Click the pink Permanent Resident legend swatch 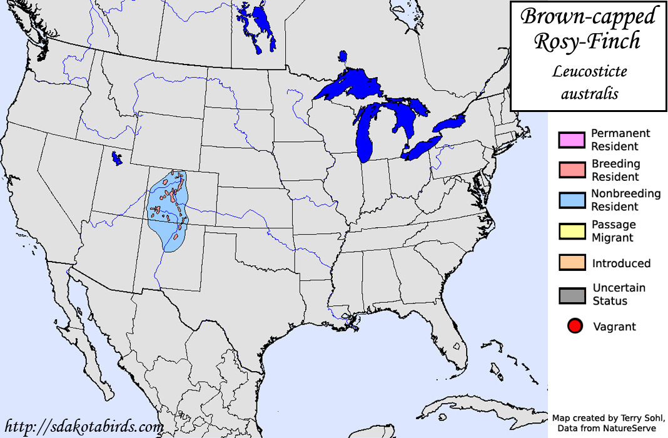coord(572,140)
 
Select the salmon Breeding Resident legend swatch coord(572,170)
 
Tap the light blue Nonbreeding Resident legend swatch coord(572,200)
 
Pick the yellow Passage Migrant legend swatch coord(572,231)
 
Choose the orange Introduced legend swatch coord(572,263)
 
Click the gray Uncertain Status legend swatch coord(572,295)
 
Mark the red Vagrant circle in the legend coord(575,326)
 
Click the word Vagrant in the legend coord(614,326)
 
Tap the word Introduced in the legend coord(621,263)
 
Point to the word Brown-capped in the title coord(588,16)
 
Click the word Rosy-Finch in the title coord(587,41)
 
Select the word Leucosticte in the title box coord(589,71)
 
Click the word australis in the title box coord(589,94)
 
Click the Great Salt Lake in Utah coord(115,158)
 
